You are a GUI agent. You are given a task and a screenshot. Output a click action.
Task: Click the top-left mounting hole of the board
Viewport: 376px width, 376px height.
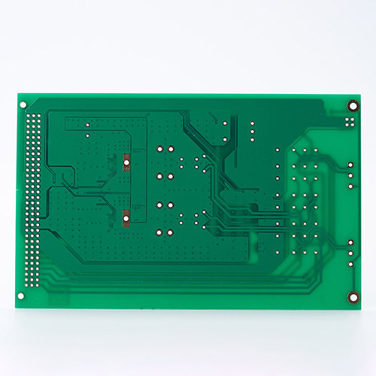click(23, 105)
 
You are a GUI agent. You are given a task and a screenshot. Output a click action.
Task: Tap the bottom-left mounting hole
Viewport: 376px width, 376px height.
click(21, 296)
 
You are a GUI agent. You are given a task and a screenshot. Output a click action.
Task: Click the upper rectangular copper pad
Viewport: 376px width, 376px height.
click(127, 162)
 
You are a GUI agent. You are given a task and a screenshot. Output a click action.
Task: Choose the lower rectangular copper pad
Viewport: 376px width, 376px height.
click(126, 219)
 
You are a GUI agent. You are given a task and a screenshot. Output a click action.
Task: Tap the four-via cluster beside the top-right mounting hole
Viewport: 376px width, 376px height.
click(350, 121)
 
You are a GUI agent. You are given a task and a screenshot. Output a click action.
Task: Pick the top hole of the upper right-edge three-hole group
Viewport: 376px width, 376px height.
click(350, 162)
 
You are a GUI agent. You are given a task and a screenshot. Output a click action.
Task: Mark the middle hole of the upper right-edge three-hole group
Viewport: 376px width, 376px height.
click(350, 172)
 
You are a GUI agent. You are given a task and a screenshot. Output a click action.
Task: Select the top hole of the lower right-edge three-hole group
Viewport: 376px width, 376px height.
click(350, 242)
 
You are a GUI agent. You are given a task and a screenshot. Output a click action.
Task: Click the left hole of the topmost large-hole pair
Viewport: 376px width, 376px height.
click(159, 149)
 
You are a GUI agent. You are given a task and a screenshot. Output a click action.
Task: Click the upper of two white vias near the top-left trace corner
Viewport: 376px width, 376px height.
click(88, 124)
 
